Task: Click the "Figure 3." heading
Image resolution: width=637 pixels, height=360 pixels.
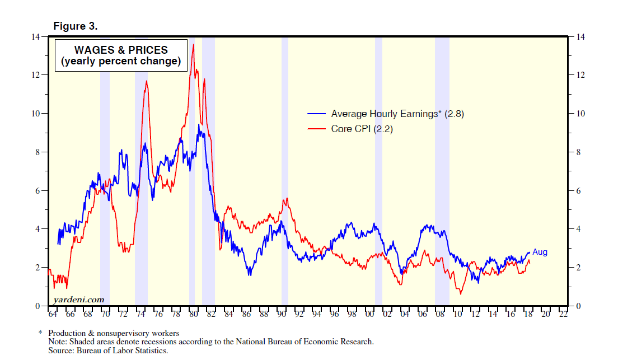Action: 76,26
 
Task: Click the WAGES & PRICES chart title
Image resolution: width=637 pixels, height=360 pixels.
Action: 121,50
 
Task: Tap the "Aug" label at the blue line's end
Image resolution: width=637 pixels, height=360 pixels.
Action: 540,253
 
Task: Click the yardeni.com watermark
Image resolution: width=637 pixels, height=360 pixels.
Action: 78,300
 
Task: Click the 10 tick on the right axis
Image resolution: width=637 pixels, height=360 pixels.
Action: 580,114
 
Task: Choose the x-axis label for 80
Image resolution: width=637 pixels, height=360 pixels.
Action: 194,315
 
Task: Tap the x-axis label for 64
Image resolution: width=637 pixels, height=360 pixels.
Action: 53,315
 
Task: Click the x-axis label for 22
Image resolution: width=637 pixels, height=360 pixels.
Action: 563,315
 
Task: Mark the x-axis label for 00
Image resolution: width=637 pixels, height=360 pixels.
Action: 369,315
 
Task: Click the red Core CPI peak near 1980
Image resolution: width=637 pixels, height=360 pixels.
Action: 193,45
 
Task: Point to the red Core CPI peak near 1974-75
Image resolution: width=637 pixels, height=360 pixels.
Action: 147,82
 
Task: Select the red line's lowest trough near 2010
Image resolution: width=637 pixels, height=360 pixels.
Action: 461,293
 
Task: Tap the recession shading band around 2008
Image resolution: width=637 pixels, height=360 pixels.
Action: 442,168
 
